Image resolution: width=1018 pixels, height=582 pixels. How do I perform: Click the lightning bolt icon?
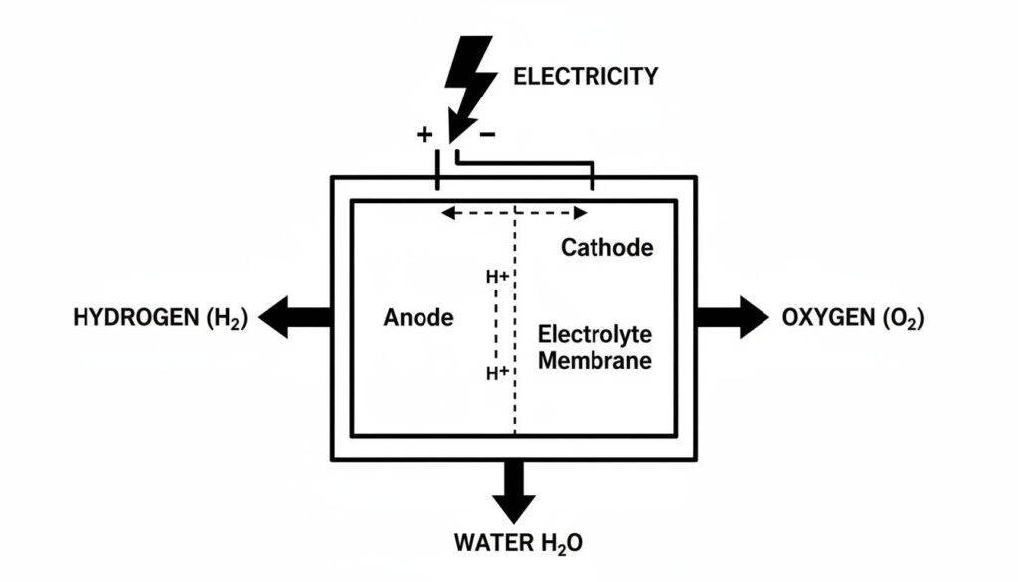(469, 82)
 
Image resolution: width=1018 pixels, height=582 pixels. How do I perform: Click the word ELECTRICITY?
(586, 76)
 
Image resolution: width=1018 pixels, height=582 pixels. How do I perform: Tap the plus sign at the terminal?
(424, 134)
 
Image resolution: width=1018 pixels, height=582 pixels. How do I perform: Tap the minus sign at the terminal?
(487, 134)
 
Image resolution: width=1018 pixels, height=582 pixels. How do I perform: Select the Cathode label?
(607, 247)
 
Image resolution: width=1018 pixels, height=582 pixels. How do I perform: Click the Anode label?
(419, 317)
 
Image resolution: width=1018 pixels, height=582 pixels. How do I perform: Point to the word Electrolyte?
(594, 334)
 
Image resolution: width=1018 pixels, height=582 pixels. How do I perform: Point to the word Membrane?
(594, 360)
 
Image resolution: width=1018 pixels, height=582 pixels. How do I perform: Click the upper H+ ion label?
(497, 277)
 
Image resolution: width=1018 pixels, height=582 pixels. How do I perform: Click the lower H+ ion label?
(497, 373)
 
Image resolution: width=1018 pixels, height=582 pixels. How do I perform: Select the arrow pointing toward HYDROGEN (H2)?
(296, 317)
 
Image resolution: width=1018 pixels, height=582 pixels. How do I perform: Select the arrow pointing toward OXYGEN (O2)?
(733, 317)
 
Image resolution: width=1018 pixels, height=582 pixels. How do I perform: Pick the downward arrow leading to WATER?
(514, 491)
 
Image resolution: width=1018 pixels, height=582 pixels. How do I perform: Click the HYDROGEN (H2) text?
(160, 318)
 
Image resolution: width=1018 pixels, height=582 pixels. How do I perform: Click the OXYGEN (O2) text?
(853, 318)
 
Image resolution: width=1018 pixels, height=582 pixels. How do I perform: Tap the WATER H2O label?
(518, 543)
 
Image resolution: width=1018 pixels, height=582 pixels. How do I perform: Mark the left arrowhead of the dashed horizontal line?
(447, 212)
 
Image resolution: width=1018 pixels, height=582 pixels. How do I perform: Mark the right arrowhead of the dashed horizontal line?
(581, 212)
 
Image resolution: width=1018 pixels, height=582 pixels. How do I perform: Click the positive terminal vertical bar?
(437, 169)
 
